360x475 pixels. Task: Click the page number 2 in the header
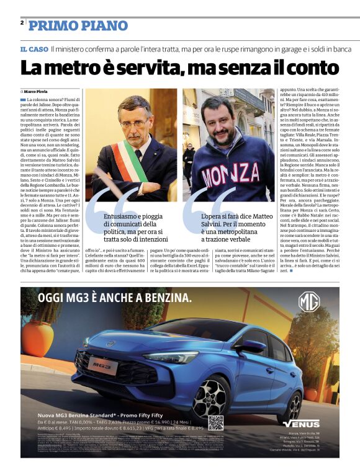tap(22, 22)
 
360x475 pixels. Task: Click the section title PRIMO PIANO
tap(78, 25)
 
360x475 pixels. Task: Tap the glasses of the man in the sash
tap(134, 123)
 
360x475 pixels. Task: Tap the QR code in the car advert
tap(215, 423)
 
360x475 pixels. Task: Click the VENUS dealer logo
tap(301, 424)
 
